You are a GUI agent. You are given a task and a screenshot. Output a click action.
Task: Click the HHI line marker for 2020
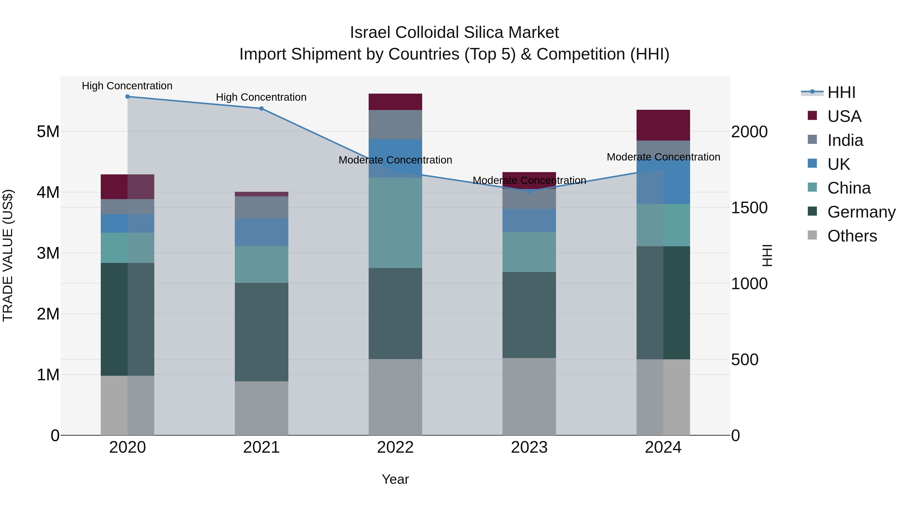point(128,97)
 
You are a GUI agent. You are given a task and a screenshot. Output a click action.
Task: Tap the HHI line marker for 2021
point(262,109)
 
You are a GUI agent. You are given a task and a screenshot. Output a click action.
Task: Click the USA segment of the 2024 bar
point(663,125)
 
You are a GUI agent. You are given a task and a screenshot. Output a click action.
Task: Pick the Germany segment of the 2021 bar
point(262,332)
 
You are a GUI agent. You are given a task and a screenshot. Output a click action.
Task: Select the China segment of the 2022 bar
point(395,223)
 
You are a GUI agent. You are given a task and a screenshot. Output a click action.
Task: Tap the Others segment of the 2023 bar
point(529,396)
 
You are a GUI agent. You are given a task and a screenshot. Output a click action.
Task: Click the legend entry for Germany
point(861,212)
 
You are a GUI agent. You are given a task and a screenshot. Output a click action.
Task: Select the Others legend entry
point(852,236)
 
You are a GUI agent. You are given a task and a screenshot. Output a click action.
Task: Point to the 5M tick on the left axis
point(48,131)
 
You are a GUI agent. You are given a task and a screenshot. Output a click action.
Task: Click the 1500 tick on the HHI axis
point(749,208)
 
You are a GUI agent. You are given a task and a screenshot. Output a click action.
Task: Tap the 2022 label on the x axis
point(395,447)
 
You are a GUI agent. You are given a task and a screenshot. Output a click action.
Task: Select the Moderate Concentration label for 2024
point(663,157)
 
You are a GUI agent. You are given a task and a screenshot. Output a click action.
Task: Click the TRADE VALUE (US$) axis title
point(8,255)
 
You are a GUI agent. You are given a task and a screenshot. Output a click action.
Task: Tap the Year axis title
point(395,479)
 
